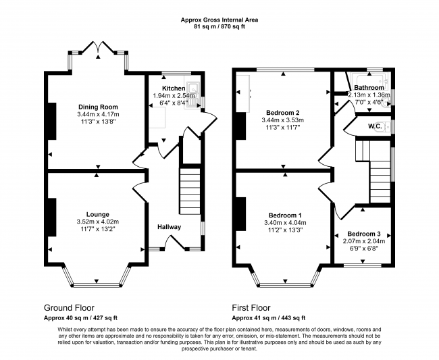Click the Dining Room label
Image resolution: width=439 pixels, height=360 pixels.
tap(98, 107)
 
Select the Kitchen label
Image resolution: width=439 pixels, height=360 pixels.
tap(174, 88)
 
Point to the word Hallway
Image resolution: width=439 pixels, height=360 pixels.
tap(169, 227)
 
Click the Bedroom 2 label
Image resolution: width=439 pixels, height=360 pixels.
tap(283, 113)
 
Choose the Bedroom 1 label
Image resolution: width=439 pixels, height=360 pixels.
tap(285, 215)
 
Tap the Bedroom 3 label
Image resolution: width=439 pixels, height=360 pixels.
tap(364, 234)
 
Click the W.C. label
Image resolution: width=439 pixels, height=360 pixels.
tap(375, 126)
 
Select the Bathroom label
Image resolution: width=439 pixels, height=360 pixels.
tap(369, 88)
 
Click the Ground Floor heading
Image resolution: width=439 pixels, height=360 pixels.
tap(69, 308)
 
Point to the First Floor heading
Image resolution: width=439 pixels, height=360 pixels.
tap(251, 308)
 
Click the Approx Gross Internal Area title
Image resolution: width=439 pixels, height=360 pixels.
tap(219, 20)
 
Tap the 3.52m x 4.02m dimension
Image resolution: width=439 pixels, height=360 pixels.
tap(98, 222)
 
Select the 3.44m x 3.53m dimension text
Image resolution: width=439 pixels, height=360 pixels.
tap(283, 120)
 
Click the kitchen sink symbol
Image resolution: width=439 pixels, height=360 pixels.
tap(194, 95)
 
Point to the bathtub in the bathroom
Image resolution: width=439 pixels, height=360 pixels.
tap(369, 79)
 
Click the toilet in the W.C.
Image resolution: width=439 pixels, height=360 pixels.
tap(387, 127)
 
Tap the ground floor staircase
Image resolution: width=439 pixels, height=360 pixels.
tap(190, 191)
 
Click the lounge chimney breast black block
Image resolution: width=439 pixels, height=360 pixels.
tap(52, 217)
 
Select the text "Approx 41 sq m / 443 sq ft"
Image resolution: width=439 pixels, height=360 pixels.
tap(269, 318)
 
